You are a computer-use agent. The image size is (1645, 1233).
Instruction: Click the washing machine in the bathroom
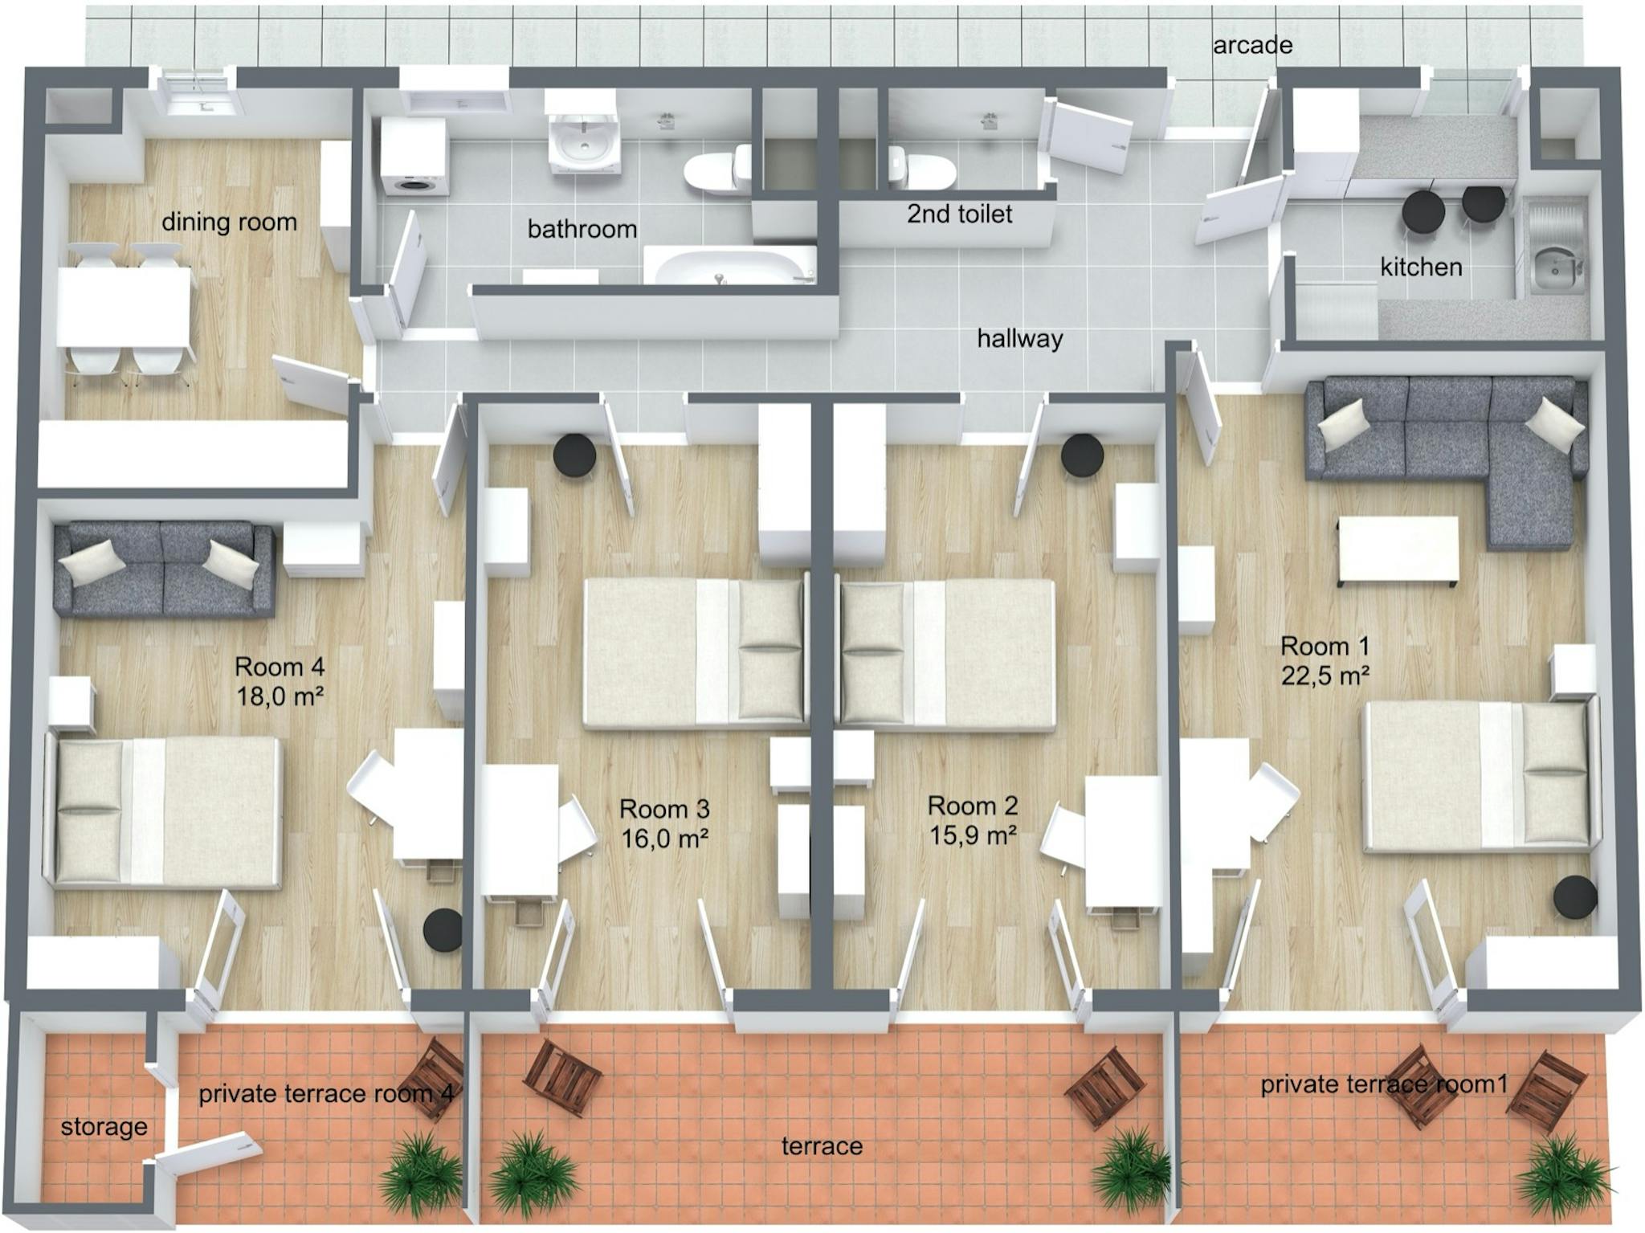tap(414, 158)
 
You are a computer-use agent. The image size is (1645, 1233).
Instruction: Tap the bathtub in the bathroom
tap(729, 267)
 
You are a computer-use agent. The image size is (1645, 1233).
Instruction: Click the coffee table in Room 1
tap(1398, 551)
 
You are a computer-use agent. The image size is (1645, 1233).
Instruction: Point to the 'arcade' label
tap(1252, 46)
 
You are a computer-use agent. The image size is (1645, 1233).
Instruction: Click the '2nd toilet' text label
tap(959, 214)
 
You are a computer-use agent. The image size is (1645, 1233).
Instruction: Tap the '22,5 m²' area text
tap(1325, 676)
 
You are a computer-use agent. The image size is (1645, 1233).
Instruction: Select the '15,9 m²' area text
tap(973, 835)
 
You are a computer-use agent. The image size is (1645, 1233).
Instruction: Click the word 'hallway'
tap(1019, 338)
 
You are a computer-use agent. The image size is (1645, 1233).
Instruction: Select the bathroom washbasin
tap(584, 145)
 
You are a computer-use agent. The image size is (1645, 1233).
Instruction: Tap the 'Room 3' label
tap(664, 808)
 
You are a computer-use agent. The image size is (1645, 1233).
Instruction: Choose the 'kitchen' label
tap(1421, 267)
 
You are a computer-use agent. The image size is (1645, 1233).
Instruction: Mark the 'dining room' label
tap(229, 222)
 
